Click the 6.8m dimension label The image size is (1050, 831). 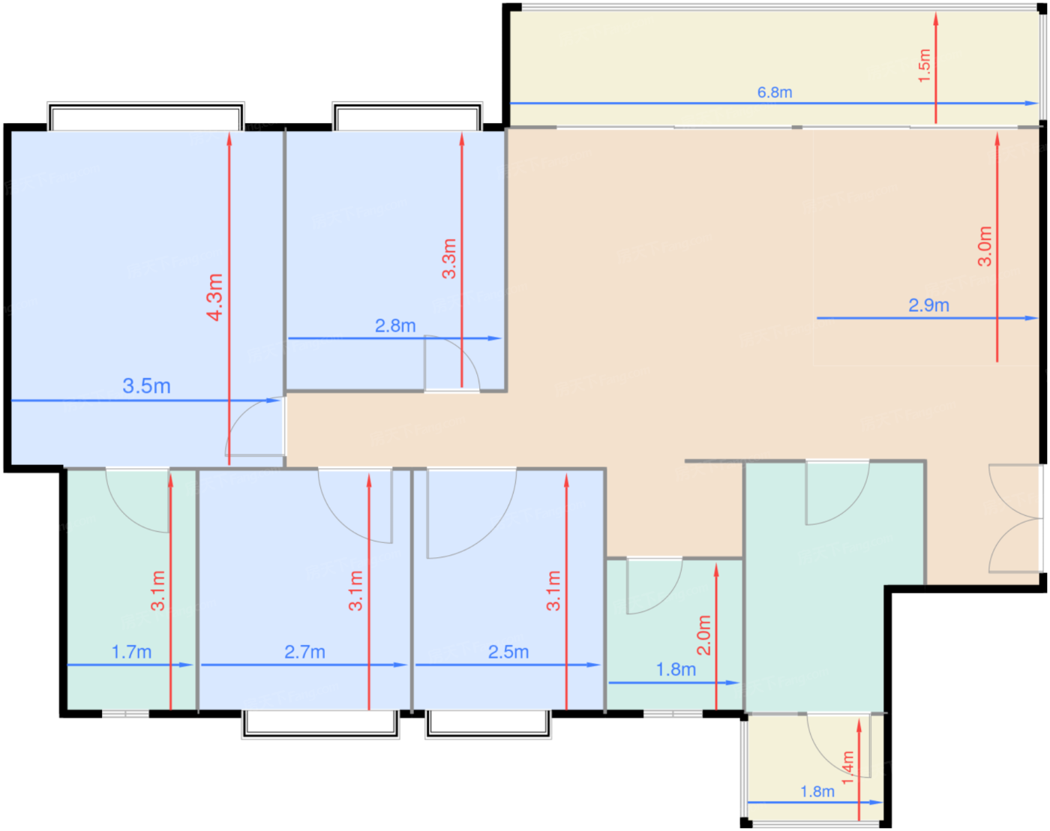coord(774,92)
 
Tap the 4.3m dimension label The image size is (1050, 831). coord(215,298)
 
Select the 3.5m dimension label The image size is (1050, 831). coord(146,386)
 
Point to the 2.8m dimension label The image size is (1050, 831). coord(395,325)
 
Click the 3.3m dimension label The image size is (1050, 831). coord(449,259)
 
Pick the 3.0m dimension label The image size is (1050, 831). coord(985,246)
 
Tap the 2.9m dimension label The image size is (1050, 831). coord(928,305)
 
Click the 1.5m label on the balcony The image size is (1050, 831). coord(924,66)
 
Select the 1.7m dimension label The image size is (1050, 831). coord(132,652)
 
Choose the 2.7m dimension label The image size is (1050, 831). coord(305,652)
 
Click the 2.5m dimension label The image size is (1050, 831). coord(508,652)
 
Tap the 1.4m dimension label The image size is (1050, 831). coord(848,767)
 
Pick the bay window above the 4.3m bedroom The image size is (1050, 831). coord(146,116)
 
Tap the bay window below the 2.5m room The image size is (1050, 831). coord(488,724)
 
